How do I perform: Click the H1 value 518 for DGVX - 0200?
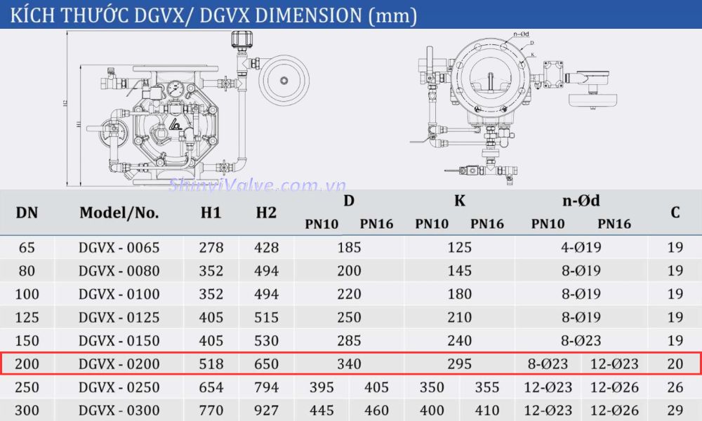point(211,364)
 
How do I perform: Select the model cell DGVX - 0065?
point(119,248)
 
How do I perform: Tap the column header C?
point(675,212)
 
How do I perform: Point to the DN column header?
point(27,212)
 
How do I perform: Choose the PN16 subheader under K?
point(487,225)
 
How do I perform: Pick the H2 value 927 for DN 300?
point(266,410)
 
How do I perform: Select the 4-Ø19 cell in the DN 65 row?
point(581,248)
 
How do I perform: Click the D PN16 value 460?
point(377,410)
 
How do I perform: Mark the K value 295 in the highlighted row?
point(459,364)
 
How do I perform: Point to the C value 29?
point(675,410)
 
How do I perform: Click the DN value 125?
point(27,317)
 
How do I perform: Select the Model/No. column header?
point(119,212)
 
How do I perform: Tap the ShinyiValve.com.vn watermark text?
point(258,186)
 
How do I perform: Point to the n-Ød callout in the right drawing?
point(521,33)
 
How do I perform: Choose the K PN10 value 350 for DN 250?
point(432,387)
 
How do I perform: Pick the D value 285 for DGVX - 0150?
point(349,341)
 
